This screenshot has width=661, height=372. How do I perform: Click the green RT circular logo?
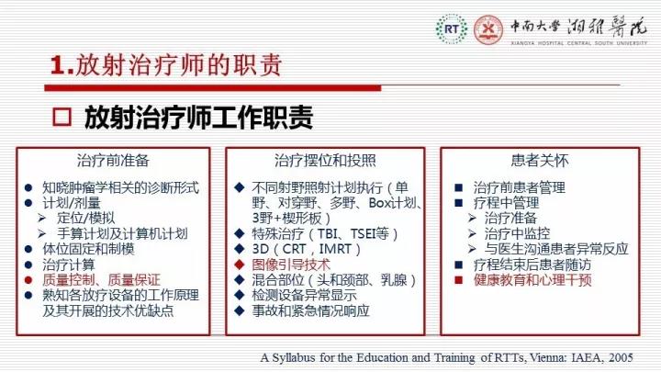pyautogui.click(x=452, y=29)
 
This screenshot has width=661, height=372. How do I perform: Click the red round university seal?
pyautogui.click(x=488, y=29)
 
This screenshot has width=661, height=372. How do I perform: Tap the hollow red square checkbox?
pyautogui.click(x=62, y=117)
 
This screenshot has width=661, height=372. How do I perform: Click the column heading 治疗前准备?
pyautogui.click(x=113, y=161)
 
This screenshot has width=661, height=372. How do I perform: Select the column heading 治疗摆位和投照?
pyautogui.click(x=325, y=161)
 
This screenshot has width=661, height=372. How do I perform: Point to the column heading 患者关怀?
pyautogui.click(x=540, y=161)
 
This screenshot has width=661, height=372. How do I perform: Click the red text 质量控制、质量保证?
pyautogui.click(x=101, y=280)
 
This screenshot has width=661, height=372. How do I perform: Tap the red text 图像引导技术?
pyautogui.click(x=291, y=265)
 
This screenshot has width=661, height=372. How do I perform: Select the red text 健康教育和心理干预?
pyautogui.click(x=532, y=280)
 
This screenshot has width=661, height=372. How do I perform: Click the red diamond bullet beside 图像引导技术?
pyautogui.click(x=240, y=265)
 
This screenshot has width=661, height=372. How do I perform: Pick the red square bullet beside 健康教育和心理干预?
pyautogui.click(x=459, y=280)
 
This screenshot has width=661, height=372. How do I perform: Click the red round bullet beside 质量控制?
pyautogui.click(x=28, y=280)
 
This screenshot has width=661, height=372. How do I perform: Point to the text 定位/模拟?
pyautogui.click(x=86, y=218)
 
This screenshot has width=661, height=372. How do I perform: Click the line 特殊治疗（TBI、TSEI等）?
pyautogui.click(x=325, y=233)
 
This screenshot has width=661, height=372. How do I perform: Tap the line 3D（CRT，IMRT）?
pyautogui.click(x=307, y=249)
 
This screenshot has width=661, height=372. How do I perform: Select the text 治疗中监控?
pyautogui.click(x=517, y=233)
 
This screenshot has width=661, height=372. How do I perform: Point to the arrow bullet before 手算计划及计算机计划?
pyautogui.click(x=41, y=233)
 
